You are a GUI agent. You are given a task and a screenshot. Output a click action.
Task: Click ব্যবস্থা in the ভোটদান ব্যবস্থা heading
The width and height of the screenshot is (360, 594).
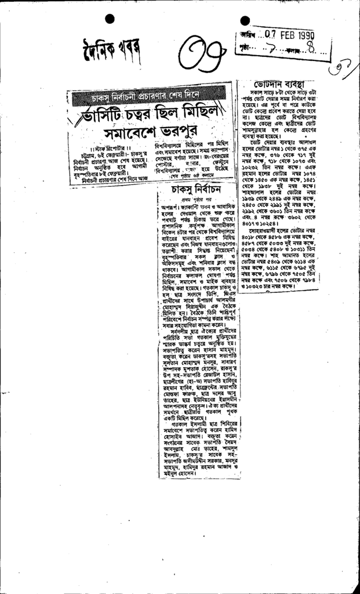(300, 84)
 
